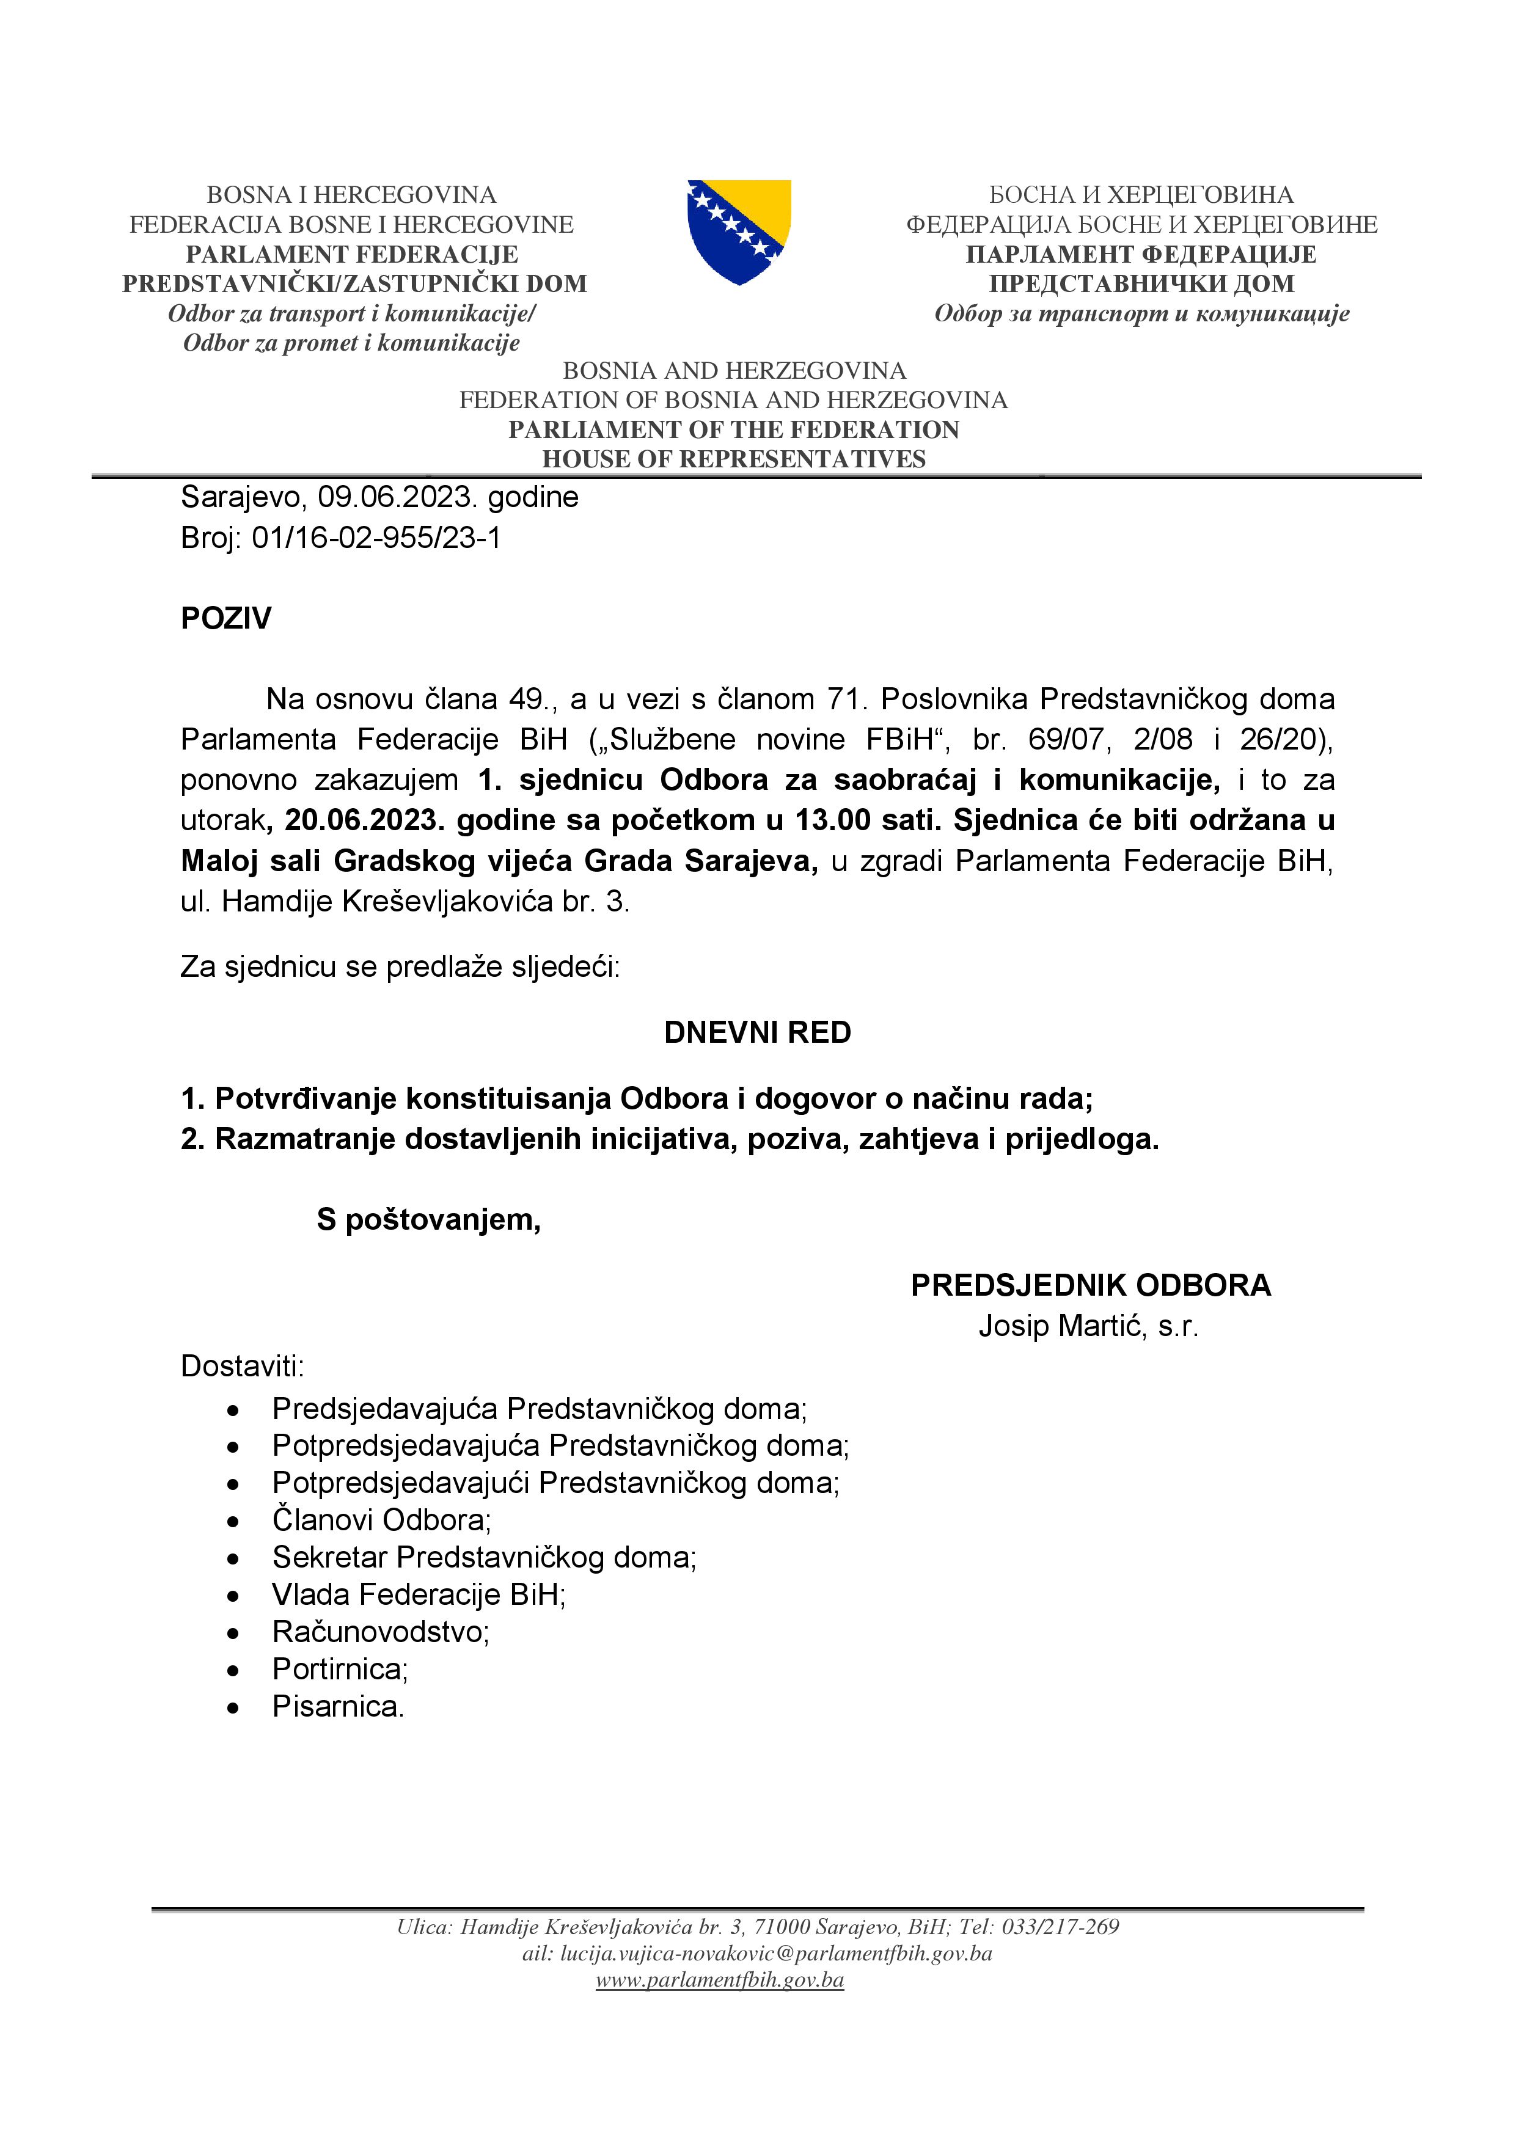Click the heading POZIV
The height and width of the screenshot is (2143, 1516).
[x=226, y=619]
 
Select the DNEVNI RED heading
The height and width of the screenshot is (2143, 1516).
[x=757, y=1032]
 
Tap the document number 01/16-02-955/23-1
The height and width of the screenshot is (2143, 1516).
[x=376, y=539]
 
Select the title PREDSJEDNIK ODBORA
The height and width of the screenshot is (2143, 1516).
[x=1090, y=1285]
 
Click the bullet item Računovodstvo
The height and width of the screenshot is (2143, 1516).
[x=381, y=1632]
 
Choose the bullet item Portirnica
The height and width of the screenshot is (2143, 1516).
[x=340, y=1669]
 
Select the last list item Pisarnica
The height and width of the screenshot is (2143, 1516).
[x=338, y=1706]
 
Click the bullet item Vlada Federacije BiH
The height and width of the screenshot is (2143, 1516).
[x=419, y=1594]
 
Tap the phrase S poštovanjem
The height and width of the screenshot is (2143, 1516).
[x=428, y=1220]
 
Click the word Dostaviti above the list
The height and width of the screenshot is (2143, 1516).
[x=243, y=1367]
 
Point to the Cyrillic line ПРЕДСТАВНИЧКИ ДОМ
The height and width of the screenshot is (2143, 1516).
[x=1141, y=283]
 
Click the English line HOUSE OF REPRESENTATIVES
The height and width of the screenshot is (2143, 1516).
[x=734, y=459]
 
